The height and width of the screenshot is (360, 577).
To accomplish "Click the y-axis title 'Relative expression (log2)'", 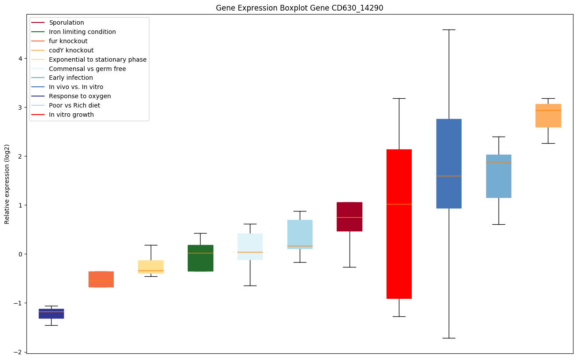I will pyautogui.click(x=7, y=184).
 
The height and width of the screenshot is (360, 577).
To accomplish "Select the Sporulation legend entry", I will pyautogui.click(x=67, y=22).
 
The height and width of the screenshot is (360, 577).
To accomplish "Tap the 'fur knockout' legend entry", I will pyautogui.click(x=68, y=41).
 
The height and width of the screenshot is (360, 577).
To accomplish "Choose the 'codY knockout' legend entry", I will pyautogui.click(x=71, y=50).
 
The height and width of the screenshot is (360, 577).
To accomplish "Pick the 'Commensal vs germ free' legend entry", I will pyautogui.click(x=87, y=69).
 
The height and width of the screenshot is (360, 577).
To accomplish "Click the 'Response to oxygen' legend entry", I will pyautogui.click(x=80, y=96).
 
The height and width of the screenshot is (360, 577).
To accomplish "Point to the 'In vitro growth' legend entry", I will pyautogui.click(x=71, y=115).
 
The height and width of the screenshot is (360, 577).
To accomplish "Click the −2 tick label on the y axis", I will pyautogui.click(x=19, y=352).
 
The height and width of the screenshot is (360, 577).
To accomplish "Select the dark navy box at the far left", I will pyautogui.click(x=51, y=313).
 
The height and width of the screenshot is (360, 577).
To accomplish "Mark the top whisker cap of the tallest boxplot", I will pyautogui.click(x=449, y=30).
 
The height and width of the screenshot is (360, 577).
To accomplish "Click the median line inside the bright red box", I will pyautogui.click(x=399, y=204).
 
